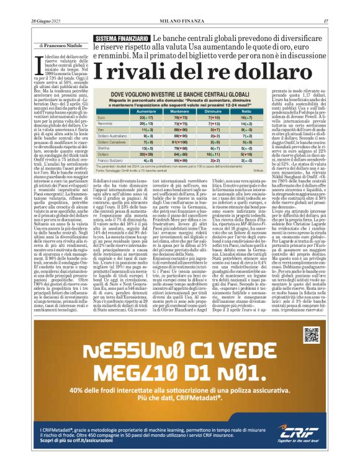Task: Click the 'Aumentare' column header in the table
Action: (x=147, y=110)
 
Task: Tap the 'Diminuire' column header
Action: (x=217, y=110)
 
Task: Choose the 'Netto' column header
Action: (x=248, y=110)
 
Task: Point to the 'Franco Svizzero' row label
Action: (x=110, y=159)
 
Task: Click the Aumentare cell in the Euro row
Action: (x=147, y=117)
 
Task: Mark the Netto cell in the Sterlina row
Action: (x=248, y=147)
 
